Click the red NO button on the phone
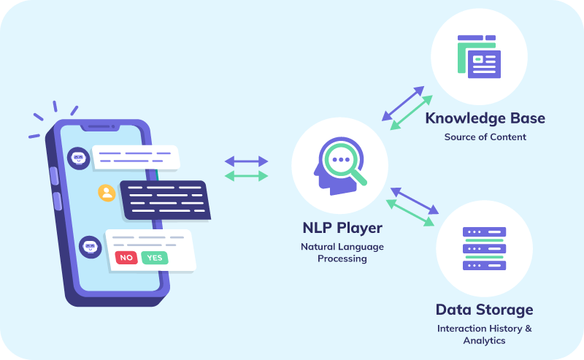pyautogui.click(x=126, y=258)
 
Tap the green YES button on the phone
pyautogui.click(x=154, y=258)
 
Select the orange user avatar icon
pyautogui.click(x=107, y=193)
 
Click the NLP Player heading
pyautogui.click(x=342, y=228)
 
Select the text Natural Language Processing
pyautogui.click(x=342, y=252)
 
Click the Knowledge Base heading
pyautogui.click(x=485, y=118)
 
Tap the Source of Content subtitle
pyautogui.click(x=485, y=137)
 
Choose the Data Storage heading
pyautogui.click(x=484, y=310)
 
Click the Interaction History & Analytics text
pyautogui.click(x=484, y=334)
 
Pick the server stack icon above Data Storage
pyautogui.click(x=483, y=249)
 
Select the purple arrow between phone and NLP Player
pyautogui.click(x=246, y=160)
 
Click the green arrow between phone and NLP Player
pyautogui.click(x=246, y=176)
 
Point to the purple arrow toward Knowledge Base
pyautogui.click(x=403, y=103)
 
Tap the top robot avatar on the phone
pyautogui.click(x=78, y=156)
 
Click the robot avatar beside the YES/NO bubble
pyautogui.click(x=90, y=248)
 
